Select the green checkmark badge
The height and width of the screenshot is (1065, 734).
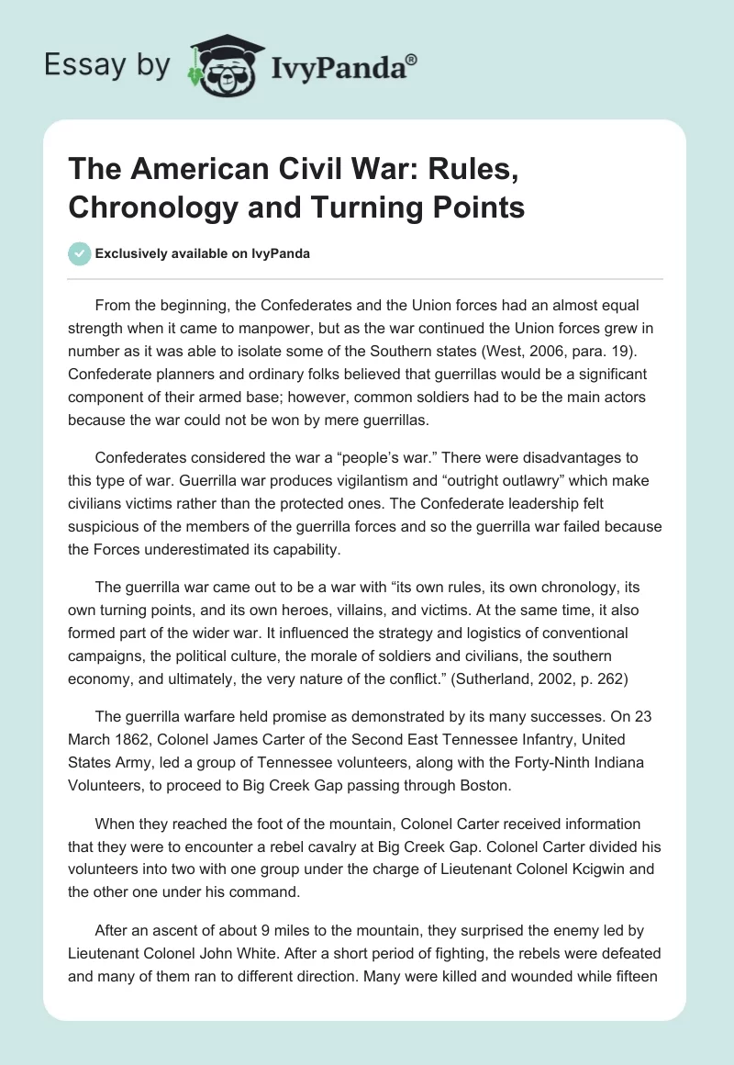click(79, 253)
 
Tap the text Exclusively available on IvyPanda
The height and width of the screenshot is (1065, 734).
click(202, 253)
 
